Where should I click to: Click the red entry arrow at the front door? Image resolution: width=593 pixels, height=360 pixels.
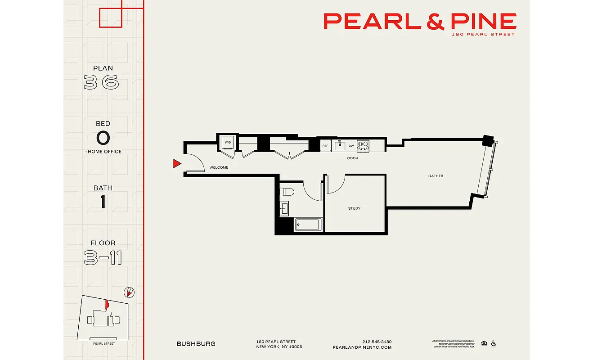tap(177, 164)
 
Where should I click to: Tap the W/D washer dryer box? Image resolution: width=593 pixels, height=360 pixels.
tap(228, 143)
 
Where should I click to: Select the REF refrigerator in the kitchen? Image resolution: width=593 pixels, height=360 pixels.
tap(325, 146)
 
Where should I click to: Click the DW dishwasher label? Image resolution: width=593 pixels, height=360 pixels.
tap(350, 146)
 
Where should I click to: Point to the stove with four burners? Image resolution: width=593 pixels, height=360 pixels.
tap(363, 145)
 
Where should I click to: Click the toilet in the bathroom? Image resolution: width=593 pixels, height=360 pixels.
tap(286, 192)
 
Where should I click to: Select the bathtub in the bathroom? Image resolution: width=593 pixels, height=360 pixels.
tap(308, 225)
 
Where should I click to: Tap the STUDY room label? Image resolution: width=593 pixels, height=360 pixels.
tap(354, 208)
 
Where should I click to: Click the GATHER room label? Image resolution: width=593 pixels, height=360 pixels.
tap(436, 176)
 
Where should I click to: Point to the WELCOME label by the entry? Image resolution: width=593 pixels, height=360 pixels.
tap(219, 167)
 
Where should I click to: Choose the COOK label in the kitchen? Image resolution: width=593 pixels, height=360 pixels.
tap(353, 158)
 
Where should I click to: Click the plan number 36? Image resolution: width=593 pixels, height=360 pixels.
tap(102, 82)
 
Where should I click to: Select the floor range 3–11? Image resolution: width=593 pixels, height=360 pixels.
tap(103, 258)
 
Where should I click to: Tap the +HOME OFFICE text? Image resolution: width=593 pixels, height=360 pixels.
tap(103, 152)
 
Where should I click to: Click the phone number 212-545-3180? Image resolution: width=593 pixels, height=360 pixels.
tap(377, 342)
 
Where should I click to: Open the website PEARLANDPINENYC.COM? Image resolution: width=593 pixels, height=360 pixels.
tap(362, 347)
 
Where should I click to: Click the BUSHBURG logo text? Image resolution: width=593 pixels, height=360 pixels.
tap(196, 344)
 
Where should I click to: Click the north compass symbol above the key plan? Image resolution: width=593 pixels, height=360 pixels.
tap(129, 292)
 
